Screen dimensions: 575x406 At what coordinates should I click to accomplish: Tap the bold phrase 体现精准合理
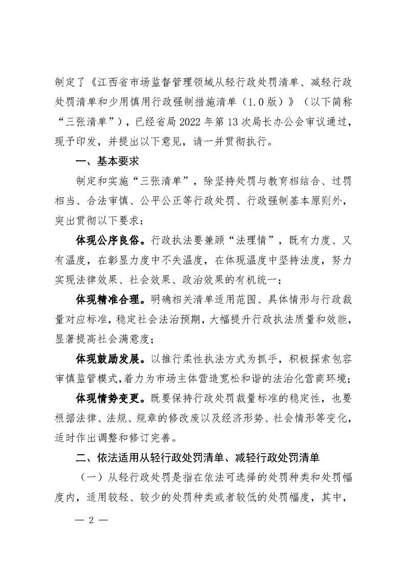pos(107,297)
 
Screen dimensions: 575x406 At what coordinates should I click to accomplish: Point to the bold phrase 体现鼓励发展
pos(107,356)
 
